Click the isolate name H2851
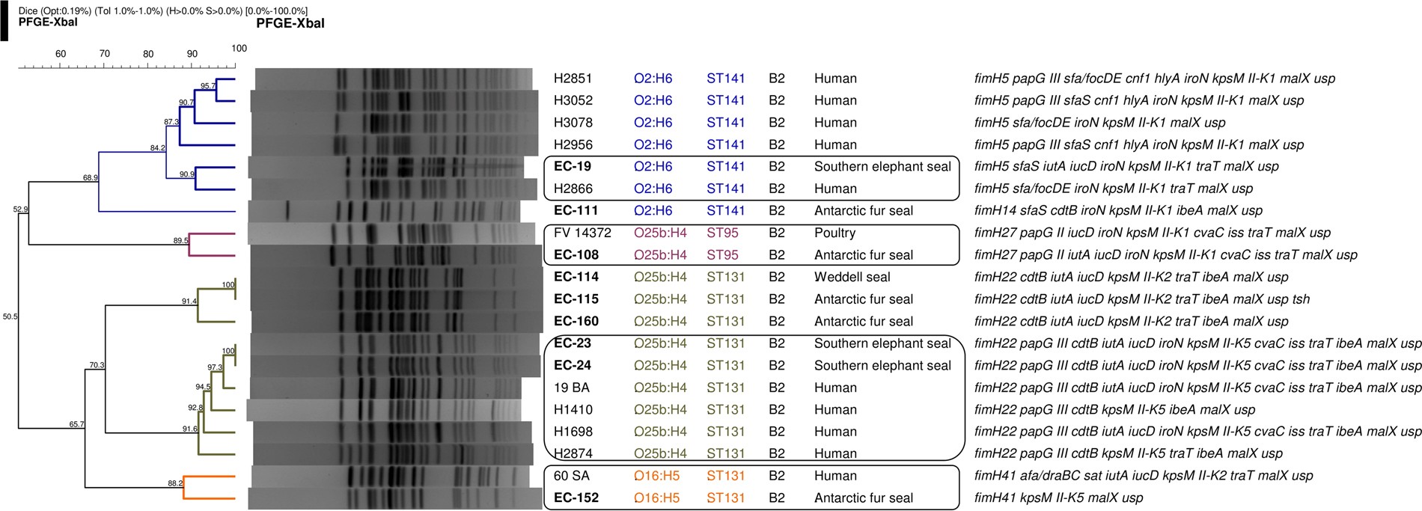[x=573, y=79]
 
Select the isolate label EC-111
[x=576, y=211]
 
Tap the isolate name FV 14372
[x=582, y=233]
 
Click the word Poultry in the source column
[x=834, y=233]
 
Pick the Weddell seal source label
[x=852, y=277]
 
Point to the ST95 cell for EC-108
[x=722, y=255]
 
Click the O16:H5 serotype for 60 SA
[x=656, y=476]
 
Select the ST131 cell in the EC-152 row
[x=725, y=498]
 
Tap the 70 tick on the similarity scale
[x=105, y=54]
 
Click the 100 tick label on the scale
[x=239, y=48]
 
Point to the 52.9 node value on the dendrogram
[x=20, y=209]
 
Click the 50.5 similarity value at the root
[x=10, y=317]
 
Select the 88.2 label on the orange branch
[x=175, y=483]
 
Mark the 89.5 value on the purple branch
[x=180, y=241]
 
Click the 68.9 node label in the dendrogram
[x=91, y=178]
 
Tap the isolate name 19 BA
[x=571, y=388]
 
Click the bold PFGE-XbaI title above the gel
[x=290, y=23]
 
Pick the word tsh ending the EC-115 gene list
[x=1301, y=299]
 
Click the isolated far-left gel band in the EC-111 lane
[x=288, y=211]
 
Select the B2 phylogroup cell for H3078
[x=777, y=123]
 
